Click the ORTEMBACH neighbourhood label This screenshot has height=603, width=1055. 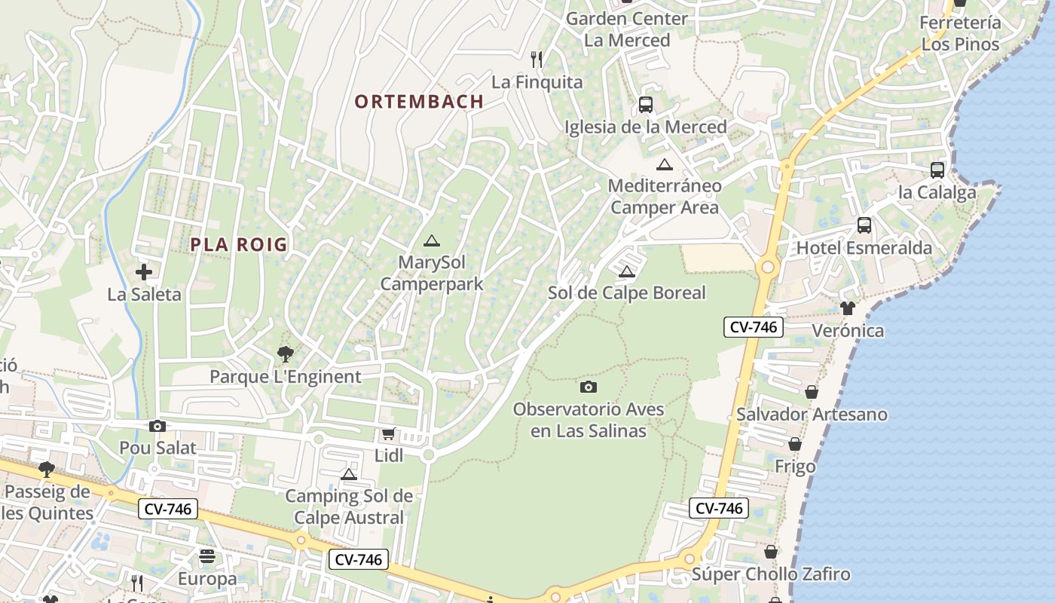[x=419, y=102]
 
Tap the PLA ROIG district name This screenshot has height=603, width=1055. [x=239, y=244]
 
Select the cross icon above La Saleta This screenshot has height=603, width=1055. [x=144, y=271]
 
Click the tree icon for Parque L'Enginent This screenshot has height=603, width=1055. [x=285, y=354]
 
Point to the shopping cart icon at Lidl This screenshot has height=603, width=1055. [x=389, y=433]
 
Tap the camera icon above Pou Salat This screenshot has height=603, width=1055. [x=157, y=426]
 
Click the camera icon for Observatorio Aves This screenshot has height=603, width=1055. [x=589, y=387]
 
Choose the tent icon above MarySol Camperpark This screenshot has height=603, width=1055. [x=431, y=240]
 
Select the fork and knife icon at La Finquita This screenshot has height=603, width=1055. [x=537, y=59]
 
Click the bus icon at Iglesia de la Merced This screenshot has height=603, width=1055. [x=645, y=104]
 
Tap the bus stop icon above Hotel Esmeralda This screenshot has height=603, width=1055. [x=864, y=225]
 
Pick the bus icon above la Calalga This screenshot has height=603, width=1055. [x=937, y=170]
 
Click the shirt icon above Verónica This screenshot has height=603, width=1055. [x=848, y=308]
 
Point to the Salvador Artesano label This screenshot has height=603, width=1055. [x=812, y=414]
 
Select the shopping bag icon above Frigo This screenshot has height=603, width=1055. [x=794, y=444]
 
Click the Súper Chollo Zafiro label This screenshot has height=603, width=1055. [x=771, y=574]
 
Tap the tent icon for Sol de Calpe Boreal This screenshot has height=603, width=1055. [x=626, y=271]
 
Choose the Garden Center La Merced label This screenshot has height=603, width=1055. [x=627, y=29]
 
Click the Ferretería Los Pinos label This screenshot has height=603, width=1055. [x=960, y=33]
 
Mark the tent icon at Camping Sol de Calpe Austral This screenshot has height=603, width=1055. [x=348, y=474]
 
